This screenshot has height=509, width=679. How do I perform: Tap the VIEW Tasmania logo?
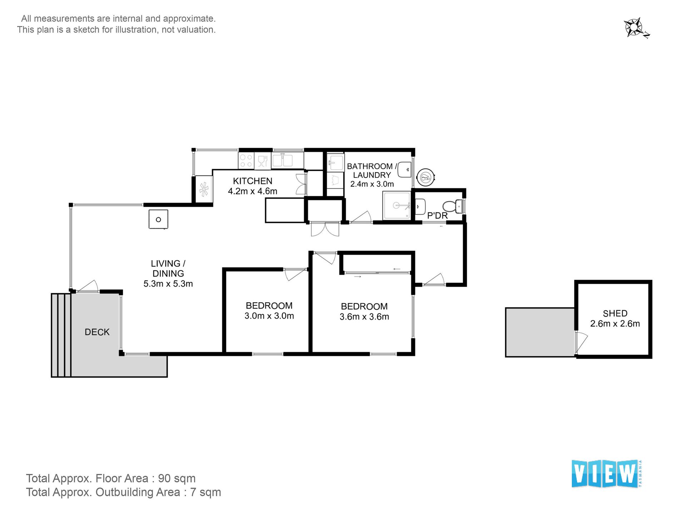(x=607, y=474)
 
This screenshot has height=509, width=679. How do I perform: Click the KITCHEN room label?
(x=252, y=181)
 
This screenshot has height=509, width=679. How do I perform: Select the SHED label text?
(x=615, y=313)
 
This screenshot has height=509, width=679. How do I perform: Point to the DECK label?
(x=97, y=332)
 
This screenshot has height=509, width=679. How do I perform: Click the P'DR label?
(x=437, y=216)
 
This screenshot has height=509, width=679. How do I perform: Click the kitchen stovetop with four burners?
(x=246, y=160)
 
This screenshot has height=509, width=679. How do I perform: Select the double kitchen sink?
(x=282, y=160)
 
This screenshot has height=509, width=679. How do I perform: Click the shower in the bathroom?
(x=397, y=206)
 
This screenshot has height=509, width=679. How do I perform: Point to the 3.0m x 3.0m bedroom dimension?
(x=269, y=316)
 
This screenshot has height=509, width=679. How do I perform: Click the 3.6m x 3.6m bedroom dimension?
(x=364, y=316)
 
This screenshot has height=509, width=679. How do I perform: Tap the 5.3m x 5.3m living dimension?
(x=168, y=284)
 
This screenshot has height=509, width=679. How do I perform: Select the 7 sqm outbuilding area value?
(x=205, y=492)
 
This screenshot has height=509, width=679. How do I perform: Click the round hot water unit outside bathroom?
(x=425, y=177)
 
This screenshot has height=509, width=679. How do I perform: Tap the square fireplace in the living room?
(x=158, y=219)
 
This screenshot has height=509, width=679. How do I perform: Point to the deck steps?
(x=61, y=335)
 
